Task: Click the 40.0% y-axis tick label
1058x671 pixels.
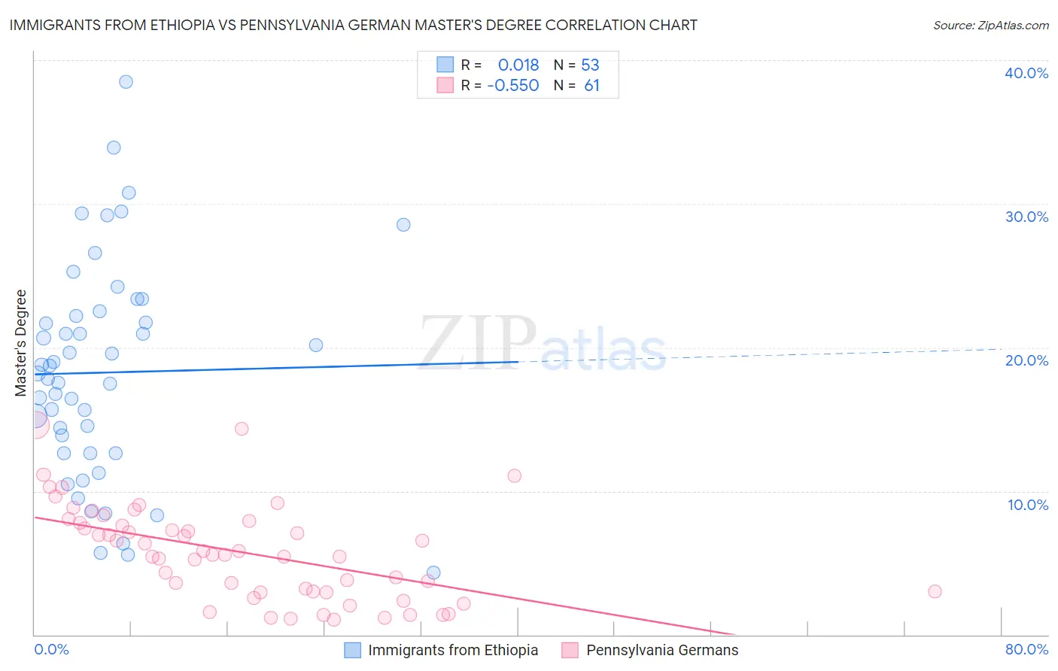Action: coord(1026,73)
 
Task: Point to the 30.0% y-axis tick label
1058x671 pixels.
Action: coord(1026,217)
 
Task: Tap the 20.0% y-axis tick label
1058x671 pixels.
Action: coord(1026,360)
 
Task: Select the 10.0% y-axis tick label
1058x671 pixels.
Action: coord(1027,505)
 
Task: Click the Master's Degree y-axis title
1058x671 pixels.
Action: coord(21,343)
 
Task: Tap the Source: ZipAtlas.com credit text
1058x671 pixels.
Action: coord(990,26)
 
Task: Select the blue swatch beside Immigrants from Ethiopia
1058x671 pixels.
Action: coord(352,651)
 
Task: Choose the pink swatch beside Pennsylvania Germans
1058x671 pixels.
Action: coord(570,651)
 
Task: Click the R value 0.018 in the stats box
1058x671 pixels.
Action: coord(518,65)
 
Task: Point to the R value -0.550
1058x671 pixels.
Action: coord(513,86)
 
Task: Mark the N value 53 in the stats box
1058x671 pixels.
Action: coord(590,65)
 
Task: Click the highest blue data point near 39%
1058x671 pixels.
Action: coord(126,82)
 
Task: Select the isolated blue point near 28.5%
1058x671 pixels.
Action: coord(403,225)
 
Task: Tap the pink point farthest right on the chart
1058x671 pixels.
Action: coord(935,591)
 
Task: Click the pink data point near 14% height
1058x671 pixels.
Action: coord(242,429)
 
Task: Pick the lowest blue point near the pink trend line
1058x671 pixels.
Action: coord(433,572)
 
